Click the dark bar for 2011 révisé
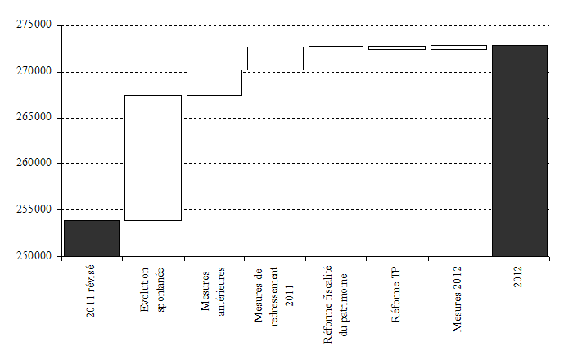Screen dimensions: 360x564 point(92,237)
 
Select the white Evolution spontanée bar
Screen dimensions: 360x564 point(153,158)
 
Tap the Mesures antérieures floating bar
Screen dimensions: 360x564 point(214,83)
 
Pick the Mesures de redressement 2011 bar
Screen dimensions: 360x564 point(275,58)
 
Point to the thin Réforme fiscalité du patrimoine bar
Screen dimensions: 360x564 point(336,47)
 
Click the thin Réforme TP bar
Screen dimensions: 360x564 point(397,47)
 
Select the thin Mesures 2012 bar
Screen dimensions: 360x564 point(458,47)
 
